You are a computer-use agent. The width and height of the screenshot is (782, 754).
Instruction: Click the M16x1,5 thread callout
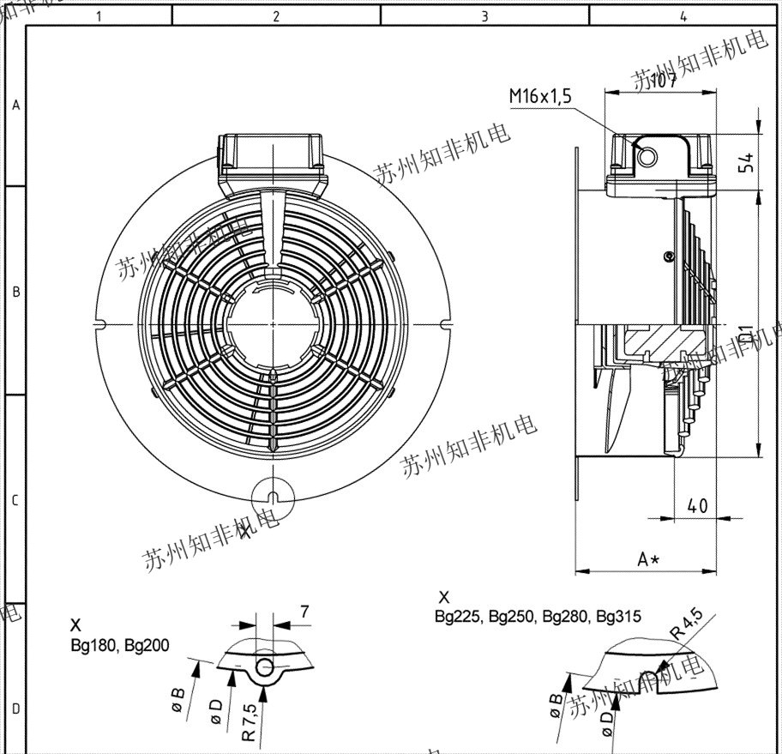tap(540, 97)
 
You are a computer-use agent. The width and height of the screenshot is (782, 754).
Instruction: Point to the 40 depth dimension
tap(697, 505)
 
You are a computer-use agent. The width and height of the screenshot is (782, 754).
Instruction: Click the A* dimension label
tap(648, 559)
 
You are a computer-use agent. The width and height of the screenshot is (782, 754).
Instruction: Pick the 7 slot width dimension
tap(304, 612)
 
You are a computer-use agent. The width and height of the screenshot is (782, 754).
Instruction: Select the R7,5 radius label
tap(248, 721)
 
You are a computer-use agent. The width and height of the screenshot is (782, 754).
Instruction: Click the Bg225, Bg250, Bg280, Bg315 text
tap(538, 616)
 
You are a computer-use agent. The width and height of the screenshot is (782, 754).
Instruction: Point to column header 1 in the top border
tap(100, 15)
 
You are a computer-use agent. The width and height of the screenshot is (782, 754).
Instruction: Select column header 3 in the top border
tap(484, 15)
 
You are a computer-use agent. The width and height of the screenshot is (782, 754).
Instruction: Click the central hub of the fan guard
tap(272, 323)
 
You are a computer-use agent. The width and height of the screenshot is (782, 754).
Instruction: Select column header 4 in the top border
tap(683, 15)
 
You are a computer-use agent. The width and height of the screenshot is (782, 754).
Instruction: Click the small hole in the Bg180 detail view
tap(264, 667)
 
